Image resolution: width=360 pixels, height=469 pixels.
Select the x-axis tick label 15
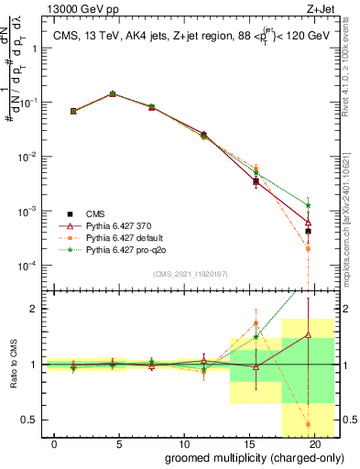coord(250,443)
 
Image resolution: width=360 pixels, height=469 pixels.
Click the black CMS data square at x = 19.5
coord(308,231)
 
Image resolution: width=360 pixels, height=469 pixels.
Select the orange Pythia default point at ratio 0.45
coord(308,424)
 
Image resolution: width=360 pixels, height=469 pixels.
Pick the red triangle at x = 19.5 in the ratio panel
coord(308,335)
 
